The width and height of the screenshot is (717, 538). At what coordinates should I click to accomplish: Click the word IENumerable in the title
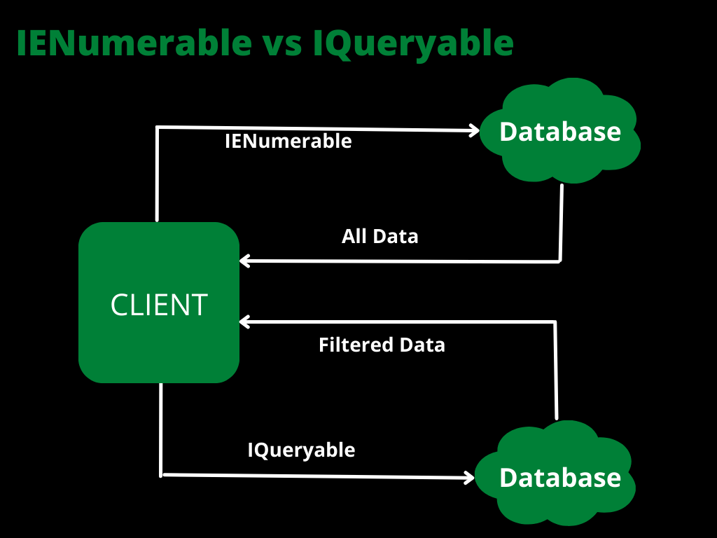(x=133, y=43)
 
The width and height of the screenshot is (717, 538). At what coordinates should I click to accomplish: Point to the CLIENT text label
(x=159, y=305)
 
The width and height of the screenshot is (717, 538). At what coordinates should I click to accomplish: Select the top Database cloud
(x=560, y=131)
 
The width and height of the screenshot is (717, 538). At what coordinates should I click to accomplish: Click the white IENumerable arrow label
(x=288, y=142)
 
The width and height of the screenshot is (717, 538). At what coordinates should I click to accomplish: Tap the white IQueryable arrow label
(x=301, y=450)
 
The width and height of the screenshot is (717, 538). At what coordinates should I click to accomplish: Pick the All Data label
(x=380, y=236)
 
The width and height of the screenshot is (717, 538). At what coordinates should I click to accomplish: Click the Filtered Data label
(x=382, y=345)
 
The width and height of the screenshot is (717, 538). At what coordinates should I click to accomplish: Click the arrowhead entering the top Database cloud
(x=473, y=130)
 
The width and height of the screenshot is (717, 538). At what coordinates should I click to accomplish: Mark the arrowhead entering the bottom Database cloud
(x=468, y=478)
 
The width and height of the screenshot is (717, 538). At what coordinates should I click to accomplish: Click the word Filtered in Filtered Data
(x=356, y=345)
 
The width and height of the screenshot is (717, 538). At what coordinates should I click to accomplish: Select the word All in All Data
(x=355, y=236)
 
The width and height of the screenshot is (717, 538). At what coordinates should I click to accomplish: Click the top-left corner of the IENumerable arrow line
(x=158, y=127)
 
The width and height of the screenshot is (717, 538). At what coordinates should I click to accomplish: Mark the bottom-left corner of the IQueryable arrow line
(x=162, y=474)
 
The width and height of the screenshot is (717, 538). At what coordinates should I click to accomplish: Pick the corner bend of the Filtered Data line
(x=556, y=322)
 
